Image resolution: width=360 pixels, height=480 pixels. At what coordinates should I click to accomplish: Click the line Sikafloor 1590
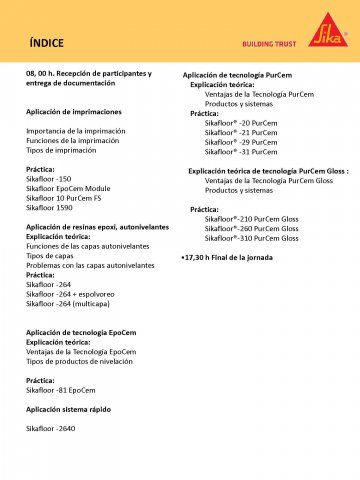coord(50,208)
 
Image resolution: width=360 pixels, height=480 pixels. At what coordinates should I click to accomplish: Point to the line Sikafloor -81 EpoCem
coord(60,390)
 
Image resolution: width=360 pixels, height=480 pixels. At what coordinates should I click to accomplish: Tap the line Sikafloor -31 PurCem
coord(241,152)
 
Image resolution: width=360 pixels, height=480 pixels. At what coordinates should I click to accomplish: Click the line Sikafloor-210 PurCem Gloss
coord(251,218)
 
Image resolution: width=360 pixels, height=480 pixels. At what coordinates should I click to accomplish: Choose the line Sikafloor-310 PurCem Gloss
coord(251,238)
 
